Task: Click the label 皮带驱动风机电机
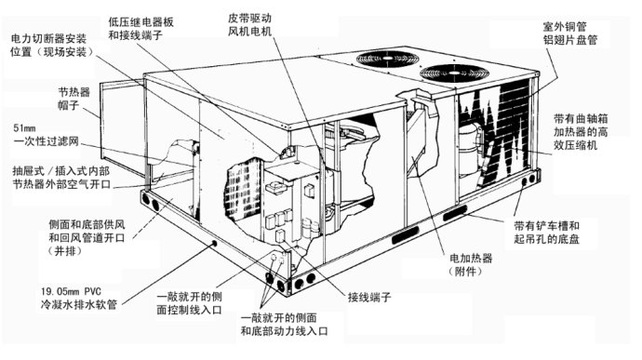click(249, 25)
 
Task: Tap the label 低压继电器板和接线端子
click(140, 28)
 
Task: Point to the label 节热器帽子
click(74, 99)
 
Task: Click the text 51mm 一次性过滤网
click(46, 135)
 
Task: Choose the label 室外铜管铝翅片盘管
click(570, 33)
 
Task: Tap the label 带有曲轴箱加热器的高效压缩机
click(581, 132)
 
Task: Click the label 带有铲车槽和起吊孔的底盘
click(546, 233)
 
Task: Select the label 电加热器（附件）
click(471, 264)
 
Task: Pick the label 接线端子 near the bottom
click(369, 297)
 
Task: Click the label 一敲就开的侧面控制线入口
click(189, 303)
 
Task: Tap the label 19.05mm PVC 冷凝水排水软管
click(78, 299)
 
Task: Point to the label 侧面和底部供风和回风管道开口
click(87, 237)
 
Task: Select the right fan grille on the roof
click(454, 73)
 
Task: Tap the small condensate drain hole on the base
click(214, 244)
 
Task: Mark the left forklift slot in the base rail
click(406, 234)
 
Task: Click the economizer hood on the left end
click(122, 125)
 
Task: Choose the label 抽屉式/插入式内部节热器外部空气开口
click(61, 178)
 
